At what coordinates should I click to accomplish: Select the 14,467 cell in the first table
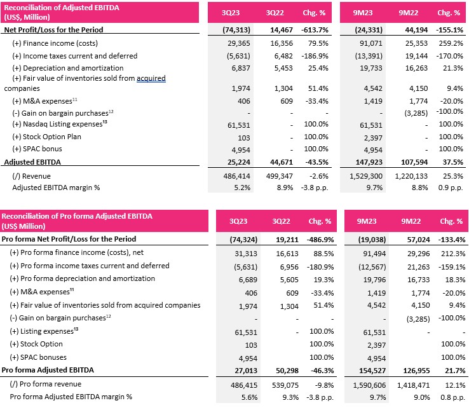[x=282, y=30]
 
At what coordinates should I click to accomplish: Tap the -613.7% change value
[x=315, y=30]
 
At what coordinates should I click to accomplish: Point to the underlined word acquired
[x=151, y=78]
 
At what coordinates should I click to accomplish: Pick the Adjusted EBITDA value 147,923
[x=369, y=162]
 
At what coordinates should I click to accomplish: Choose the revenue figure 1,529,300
[x=366, y=176]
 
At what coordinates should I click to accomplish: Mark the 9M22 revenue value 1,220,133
[x=411, y=176]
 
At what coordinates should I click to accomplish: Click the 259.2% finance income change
[x=451, y=43]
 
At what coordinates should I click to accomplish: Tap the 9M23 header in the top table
[x=362, y=13]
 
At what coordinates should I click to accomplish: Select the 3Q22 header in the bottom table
[x=281, y=221]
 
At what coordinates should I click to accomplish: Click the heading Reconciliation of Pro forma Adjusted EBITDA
[x=77, y=216]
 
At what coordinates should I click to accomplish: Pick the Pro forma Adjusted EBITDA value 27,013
[x=246, y=371]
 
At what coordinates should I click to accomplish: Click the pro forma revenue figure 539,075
[x=285, y=385]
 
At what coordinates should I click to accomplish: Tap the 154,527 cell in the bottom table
[x=372, y=371]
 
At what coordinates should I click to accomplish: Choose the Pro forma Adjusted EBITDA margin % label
[x=71, y=397]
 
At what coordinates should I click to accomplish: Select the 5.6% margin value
[x=250, y=397]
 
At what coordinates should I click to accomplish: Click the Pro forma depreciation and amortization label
[x=82, y=278]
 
